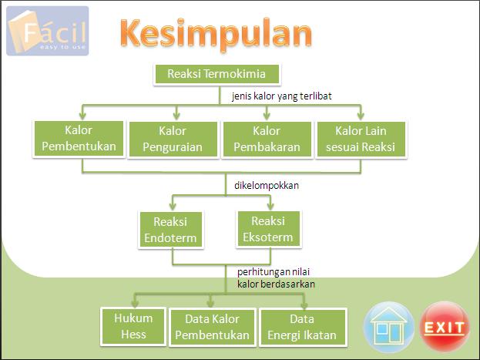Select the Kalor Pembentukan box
pyautogui.click(x=79, y=137)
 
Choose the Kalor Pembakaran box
pyautogui.click(x=267, y=138)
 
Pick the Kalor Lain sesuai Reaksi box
pyautogui.click(x=361, y=138)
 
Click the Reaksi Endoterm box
pyautogui.click(x=170, y=229)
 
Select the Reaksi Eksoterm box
pyautogui.click(x=267, y=229)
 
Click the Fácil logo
pyautogui.click(x=48, y=32)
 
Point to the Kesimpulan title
pyautogui.click(x=216, y=34)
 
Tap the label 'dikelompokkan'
pyautogui.click(x=267, y=185)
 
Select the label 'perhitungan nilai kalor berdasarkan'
pyautogui.click(x=270, y=278)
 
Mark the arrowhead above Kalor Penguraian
pyautogui.click(x=176, y=114)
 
